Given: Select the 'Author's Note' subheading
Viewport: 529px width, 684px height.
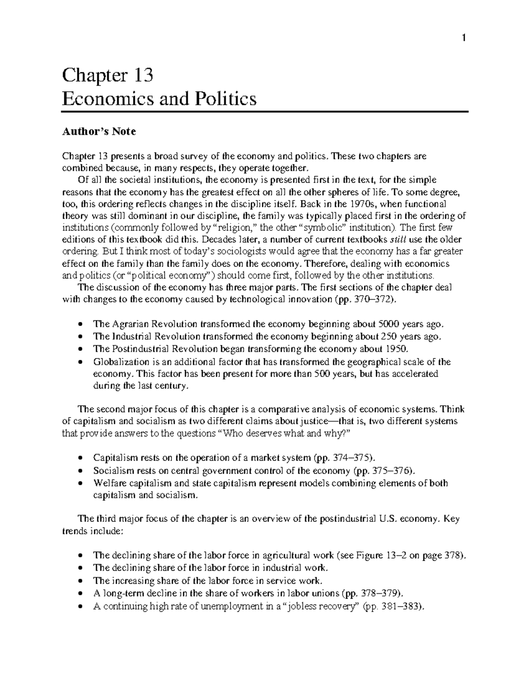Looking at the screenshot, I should (x=99, y=131).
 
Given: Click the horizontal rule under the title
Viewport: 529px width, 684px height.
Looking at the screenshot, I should (x=264, y=112).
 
